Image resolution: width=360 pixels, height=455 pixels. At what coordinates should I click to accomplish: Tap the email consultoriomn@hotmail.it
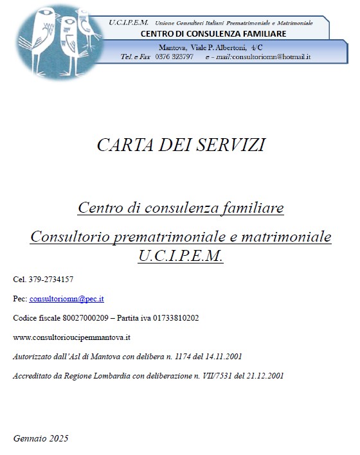click(x=271, y=57)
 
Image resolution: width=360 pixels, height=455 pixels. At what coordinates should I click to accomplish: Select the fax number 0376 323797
click(x=174, y=57)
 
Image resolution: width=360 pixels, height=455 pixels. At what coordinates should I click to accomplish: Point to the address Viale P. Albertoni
click(x=218, y=47)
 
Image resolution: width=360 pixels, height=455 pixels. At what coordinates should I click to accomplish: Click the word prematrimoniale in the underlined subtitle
click(x=166, y=237)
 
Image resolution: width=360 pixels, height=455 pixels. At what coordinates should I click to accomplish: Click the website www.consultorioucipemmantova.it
click(x=72, y=337)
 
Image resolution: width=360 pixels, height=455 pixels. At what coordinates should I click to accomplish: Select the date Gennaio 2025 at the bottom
click(x=40, y=438)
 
